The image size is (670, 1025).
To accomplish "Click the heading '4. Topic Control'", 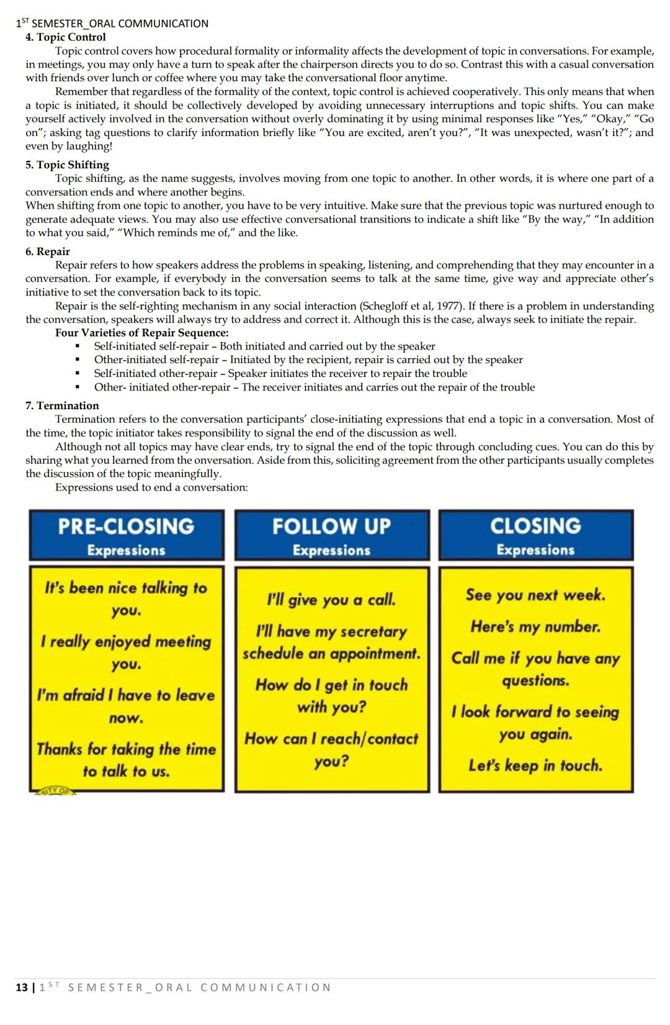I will click(x=65, y=37).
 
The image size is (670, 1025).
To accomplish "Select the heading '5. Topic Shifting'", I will click(x=67, y=165).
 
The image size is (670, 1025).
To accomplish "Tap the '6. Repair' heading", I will click(x=48, y=251).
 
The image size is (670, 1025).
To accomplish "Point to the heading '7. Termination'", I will click(x=62, y=405).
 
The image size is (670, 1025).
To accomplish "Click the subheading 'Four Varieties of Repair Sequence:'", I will click(x=141, y=333).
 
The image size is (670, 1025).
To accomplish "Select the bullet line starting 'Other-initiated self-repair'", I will click(x=308, y=359).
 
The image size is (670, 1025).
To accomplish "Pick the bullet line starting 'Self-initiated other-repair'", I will click(x=280, y=373).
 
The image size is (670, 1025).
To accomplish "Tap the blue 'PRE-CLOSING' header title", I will click(x=126, y=526).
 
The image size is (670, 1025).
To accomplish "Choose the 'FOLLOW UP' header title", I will click(x=331, y=526).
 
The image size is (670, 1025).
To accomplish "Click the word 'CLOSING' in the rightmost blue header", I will click(x=535, y=526).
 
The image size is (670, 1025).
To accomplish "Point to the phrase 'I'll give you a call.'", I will click(x=331, y=600).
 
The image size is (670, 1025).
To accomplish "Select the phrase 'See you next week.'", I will click(x=535, y=595).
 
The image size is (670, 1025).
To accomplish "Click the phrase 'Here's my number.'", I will click(x=535, y=626).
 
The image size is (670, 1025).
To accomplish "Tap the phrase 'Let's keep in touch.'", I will click(x=535, y=765).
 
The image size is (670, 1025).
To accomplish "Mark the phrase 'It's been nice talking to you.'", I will click(x=126, y=598).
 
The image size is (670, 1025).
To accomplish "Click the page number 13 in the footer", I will click(x=21, y=987).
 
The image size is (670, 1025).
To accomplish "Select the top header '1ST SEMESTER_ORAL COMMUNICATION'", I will click(x=112, y=24).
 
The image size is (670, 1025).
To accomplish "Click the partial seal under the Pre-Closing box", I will click(x=55, y=791).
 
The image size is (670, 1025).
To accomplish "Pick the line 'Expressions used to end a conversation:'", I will click(x=151, y=487).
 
